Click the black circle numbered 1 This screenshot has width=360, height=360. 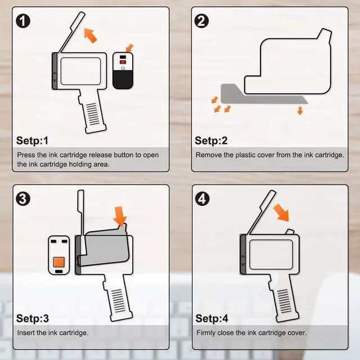(23, 21)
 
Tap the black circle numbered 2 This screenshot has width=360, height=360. (201, 21)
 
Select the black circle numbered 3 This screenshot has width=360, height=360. (23, 199)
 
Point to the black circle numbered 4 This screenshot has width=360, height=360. (202, 199)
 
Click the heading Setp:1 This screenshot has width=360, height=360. (33, 141)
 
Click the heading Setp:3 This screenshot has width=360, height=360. (33, 318)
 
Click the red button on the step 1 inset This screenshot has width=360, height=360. (123, 62)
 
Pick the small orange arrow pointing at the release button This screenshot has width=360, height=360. (129, 48)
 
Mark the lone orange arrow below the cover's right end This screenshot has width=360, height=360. (300, 110)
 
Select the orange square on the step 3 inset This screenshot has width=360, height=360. (58, 262)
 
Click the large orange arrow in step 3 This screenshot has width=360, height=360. (120, 216)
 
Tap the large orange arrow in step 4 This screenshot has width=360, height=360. (282, 213)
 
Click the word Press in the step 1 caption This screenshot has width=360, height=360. (26, 155)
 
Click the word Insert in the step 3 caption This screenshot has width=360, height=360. (26, 333)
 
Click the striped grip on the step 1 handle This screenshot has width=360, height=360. (92, 114)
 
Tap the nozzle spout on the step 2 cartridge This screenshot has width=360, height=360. (325, 35)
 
